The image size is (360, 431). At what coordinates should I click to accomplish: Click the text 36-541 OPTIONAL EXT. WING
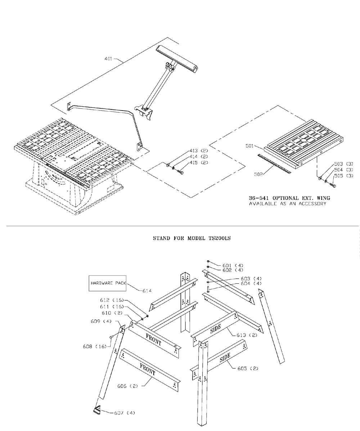289,198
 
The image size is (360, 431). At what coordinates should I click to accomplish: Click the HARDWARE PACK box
108,283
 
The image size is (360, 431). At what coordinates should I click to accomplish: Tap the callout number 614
147,291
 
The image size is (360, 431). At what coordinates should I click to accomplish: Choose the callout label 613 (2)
249,335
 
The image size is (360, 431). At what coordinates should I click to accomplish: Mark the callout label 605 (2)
248,369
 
